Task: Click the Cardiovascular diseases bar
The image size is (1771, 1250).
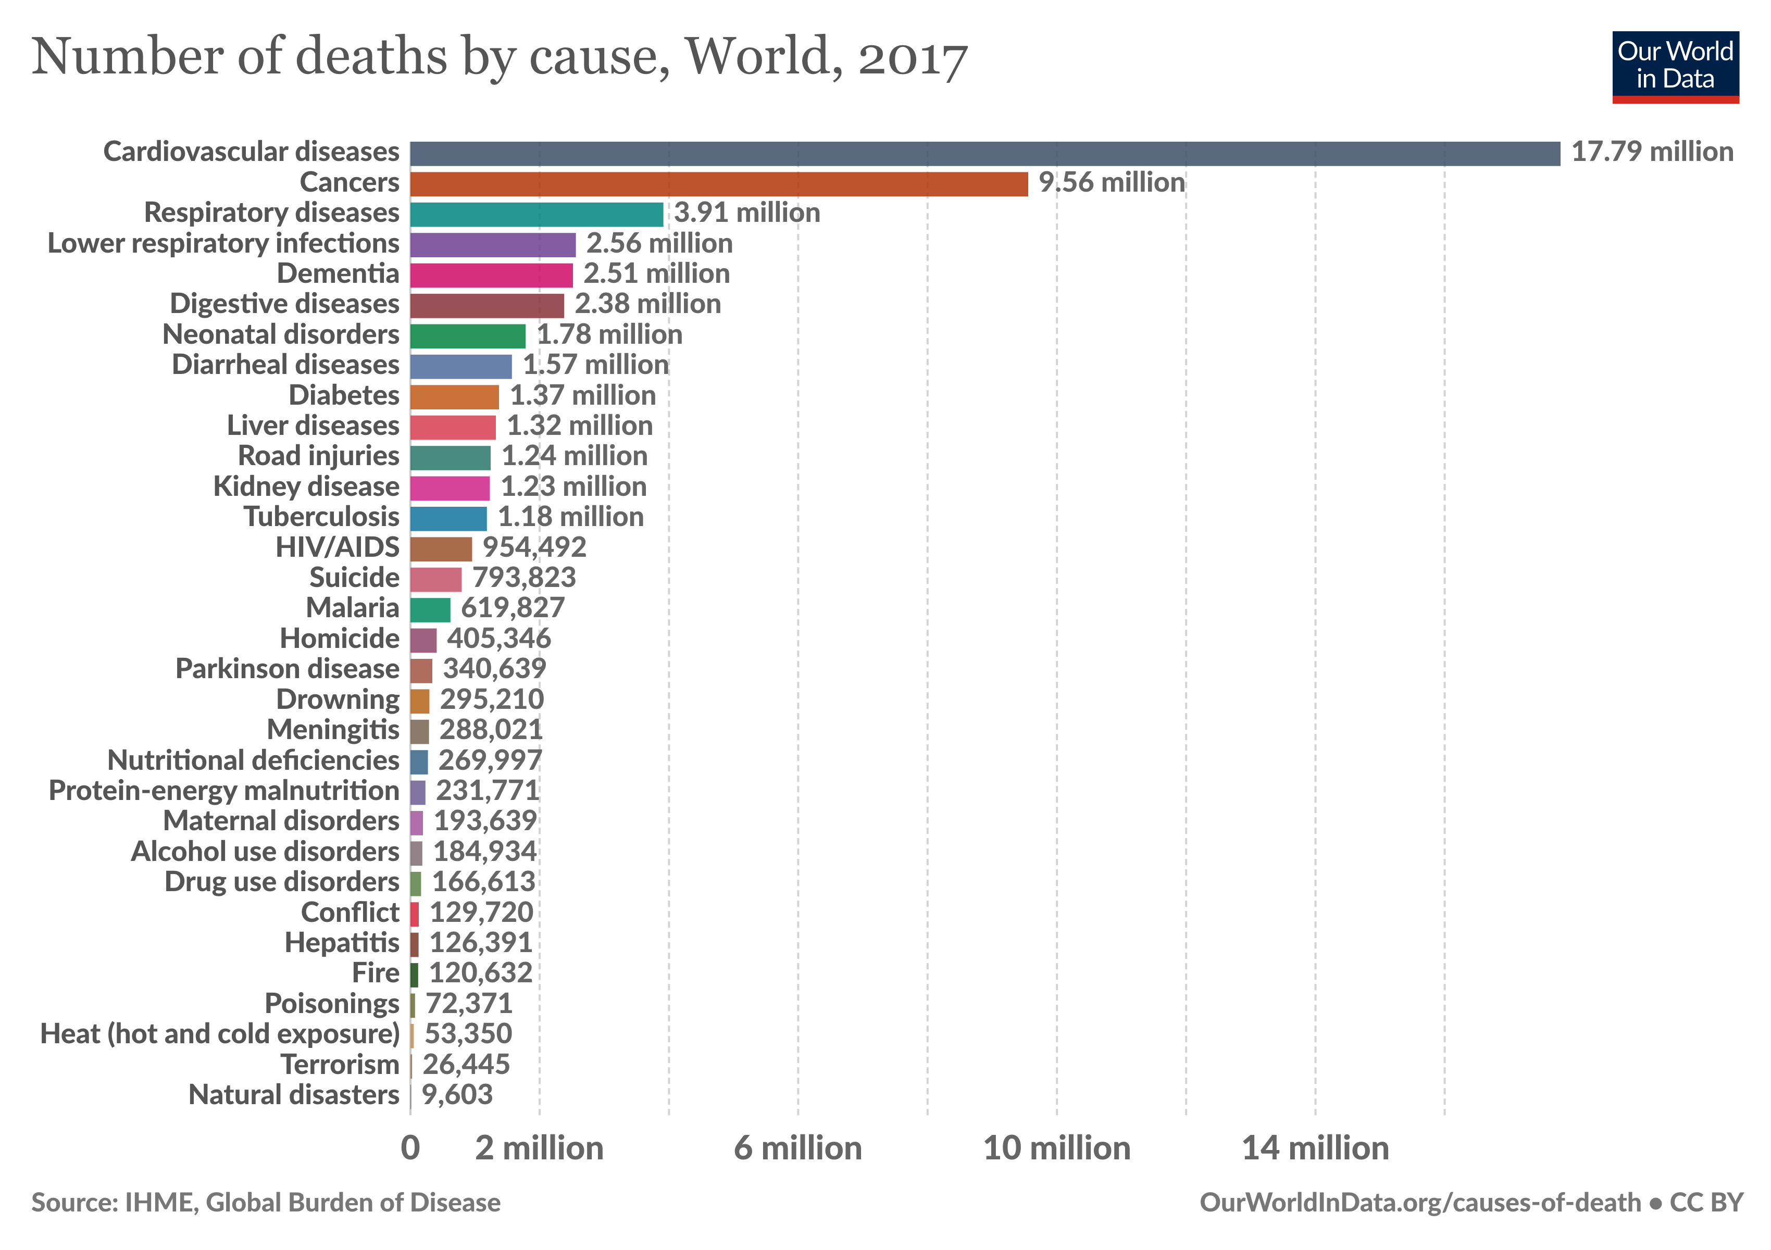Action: coord(984,154)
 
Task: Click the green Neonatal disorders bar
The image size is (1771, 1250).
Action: coord(467,336)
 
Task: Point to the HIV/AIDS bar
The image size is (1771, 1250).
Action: coord(441,549)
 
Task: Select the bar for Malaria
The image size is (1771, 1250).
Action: coord(430,610)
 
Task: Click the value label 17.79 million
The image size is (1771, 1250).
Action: coord(1651,152)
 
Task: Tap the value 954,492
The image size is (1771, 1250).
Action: coord(534,547)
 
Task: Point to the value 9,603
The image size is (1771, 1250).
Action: coord(457,1095)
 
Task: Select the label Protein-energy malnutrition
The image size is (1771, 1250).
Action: coord(223,791)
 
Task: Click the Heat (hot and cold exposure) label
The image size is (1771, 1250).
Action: coord(220,1034)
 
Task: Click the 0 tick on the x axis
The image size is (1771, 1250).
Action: coord(410,1149)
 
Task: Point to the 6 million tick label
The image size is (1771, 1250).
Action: coord(797,1149)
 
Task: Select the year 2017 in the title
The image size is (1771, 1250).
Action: coord(913,58)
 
